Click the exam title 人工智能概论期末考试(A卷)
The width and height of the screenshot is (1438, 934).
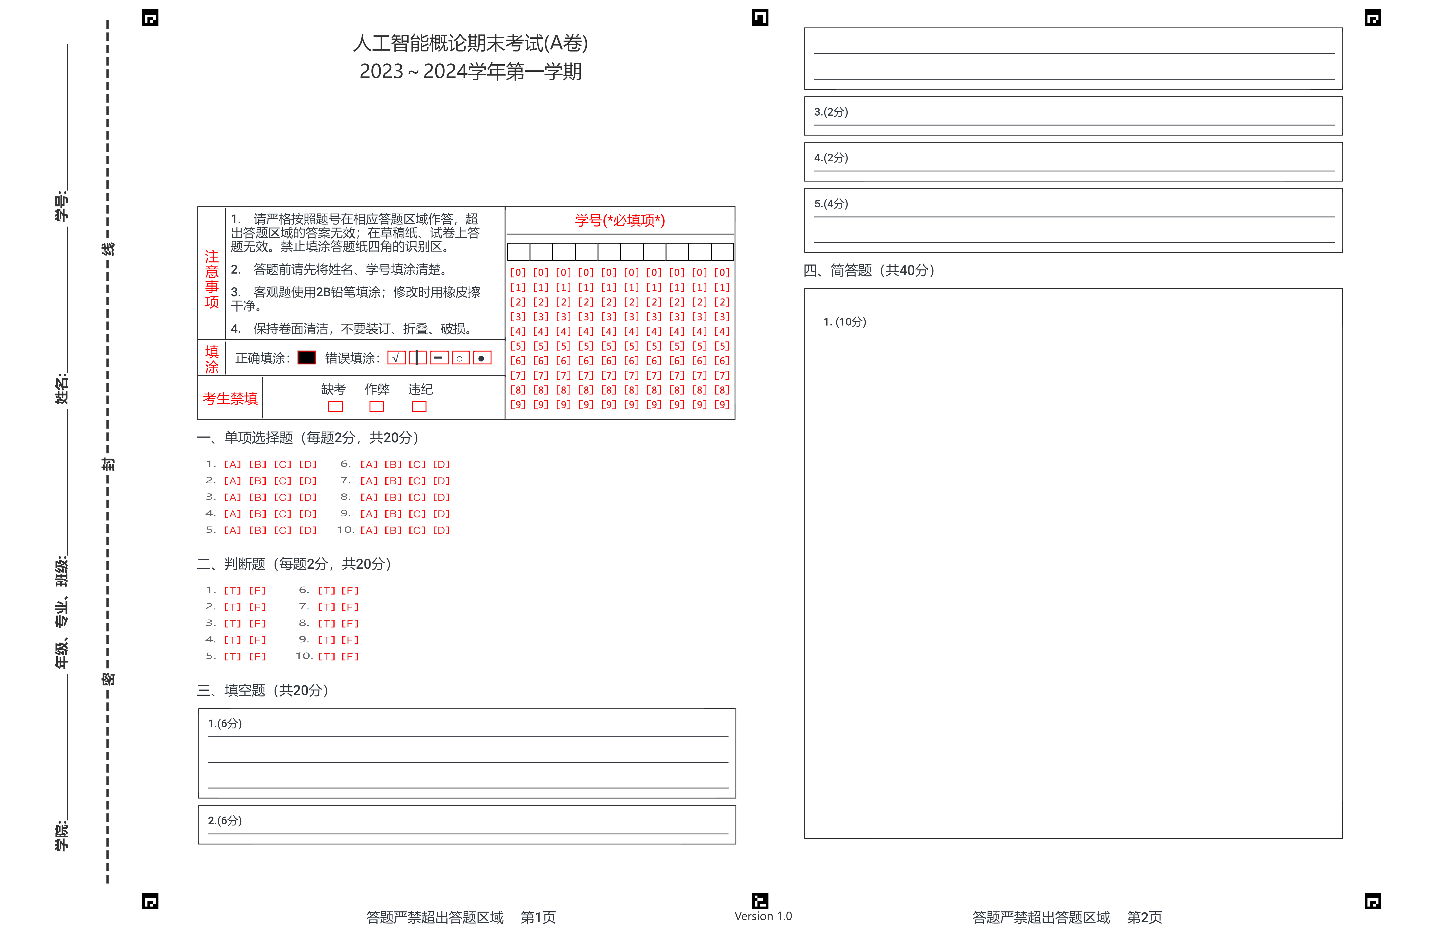click(x=470, y=43)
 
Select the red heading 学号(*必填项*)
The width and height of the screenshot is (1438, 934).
click(x=619, y=220)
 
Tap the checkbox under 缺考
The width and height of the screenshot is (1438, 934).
click(x=335, y=407)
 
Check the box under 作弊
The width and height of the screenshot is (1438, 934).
click(x=376, y=407)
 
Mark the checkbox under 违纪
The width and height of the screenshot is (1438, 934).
click(x=419, y=407)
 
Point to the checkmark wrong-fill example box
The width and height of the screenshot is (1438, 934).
click(x=396, y=358)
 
